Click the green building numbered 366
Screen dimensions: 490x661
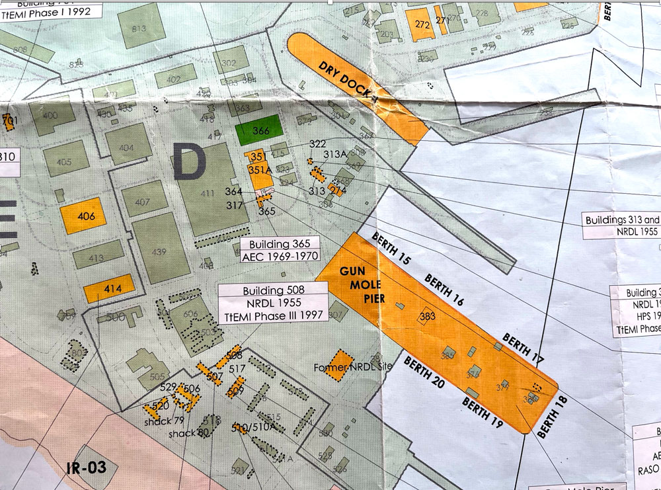coord(261,132)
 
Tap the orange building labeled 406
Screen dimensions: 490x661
coord(83,216)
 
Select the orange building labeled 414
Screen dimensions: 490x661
coord(110,288)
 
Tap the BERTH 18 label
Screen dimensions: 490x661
coord(548,417)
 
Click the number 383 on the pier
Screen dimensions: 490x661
coord(427,317)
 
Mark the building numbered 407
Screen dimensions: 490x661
coord(143,201)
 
